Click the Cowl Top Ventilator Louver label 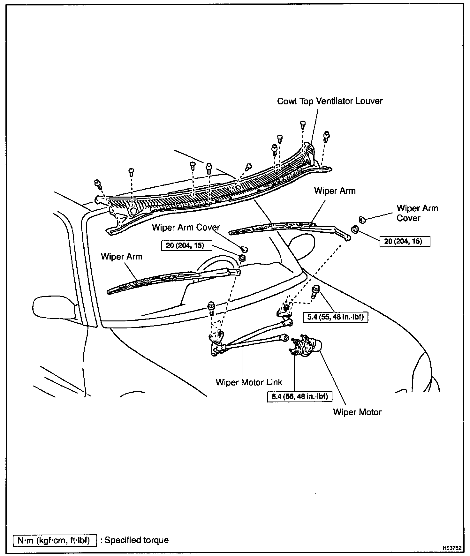[330, 101]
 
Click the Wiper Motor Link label [249, 382]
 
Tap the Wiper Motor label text [357, 412]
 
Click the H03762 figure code [452, 548]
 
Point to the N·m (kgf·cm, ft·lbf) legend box [55, 540]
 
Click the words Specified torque [136, 540]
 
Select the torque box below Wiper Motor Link [299, 397]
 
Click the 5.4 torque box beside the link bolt [335, 317]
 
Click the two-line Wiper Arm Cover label [417, 213]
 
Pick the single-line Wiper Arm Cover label [186, 227]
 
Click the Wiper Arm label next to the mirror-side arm [121, 257]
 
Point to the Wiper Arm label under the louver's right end [335, 191]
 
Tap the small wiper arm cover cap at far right [362, 219]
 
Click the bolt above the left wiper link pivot [211, 307]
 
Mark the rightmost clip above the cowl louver [326, 137]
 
